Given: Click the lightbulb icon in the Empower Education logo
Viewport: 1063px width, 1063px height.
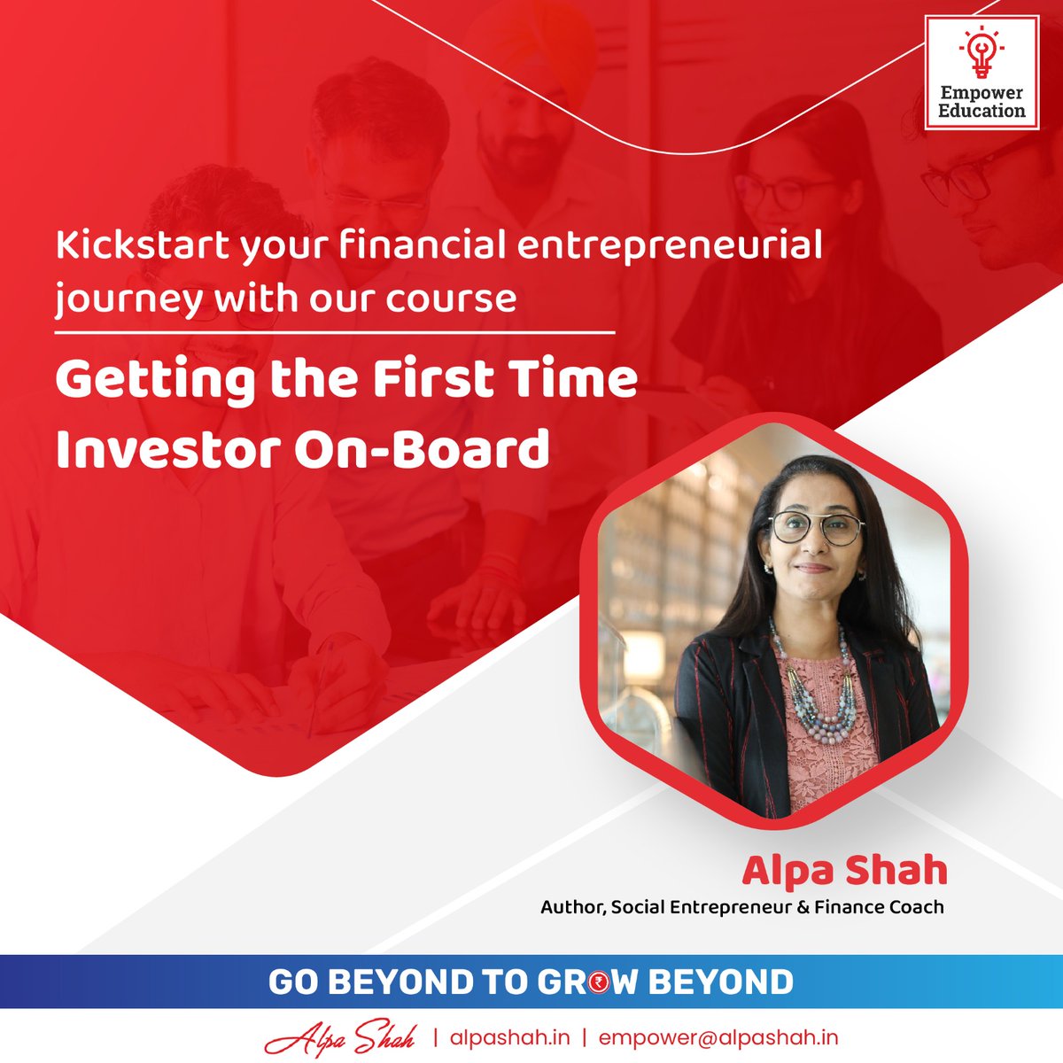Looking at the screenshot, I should point(981,54).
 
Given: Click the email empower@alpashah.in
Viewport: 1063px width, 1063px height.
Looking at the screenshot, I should point(718,1037).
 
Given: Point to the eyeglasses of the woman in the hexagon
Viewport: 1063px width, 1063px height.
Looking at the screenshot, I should point(815,529).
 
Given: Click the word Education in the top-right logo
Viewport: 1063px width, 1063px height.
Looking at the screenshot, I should point(981,111).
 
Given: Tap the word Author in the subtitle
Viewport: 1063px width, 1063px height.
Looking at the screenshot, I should point(572,907).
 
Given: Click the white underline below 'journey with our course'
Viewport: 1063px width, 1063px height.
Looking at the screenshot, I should point(334,333).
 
